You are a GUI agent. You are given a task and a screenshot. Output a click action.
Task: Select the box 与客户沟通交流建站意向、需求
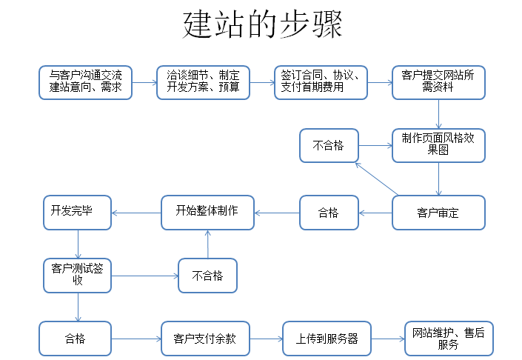[x=85, y=82]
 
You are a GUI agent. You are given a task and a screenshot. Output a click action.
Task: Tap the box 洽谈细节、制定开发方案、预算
[x=203, y=82]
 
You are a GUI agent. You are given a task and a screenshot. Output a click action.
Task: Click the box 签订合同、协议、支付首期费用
[x=321, y=82]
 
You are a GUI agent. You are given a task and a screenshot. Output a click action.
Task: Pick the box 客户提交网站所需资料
[x=438, y=82]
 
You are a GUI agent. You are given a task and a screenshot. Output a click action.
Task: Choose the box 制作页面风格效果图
[x=438, y=145]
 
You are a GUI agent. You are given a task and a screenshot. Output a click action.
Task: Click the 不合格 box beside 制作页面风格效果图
[x=329, y=145]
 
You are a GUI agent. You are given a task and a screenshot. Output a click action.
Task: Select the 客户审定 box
[x=438, y=213]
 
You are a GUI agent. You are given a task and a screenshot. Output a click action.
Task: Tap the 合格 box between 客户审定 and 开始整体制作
[x=329, y=213]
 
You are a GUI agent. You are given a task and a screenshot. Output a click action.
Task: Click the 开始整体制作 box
[x=207, y=213]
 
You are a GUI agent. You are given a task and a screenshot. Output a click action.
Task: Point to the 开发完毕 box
[x=76, y=213]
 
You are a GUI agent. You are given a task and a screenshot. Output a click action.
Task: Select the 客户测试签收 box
[x=76, y=275]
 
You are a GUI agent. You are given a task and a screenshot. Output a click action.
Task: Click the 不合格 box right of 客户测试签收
[x=207, y=276]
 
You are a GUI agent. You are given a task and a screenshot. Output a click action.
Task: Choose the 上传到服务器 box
[x=327, y=339]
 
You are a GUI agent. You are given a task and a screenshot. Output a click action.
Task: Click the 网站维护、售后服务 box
[x=448, y=339]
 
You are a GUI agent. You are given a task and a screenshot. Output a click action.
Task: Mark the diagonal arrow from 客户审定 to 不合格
[x=375, y=179]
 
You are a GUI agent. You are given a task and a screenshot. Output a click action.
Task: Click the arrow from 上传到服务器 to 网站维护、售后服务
[x=387, y=339]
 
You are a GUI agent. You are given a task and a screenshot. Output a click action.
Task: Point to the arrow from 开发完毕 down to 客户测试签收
[x=77, y=244]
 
